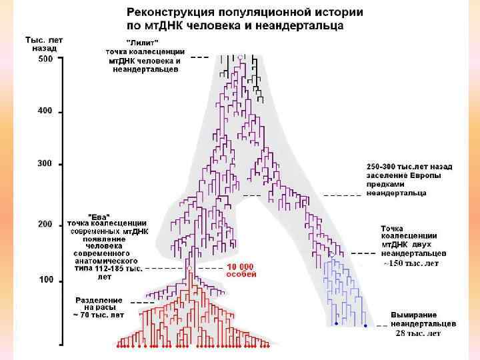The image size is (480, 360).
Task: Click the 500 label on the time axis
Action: [45, 59]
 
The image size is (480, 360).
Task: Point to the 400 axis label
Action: [45, 111]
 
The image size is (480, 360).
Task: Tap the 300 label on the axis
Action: [45, 163]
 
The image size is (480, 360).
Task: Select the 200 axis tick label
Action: [45, 225]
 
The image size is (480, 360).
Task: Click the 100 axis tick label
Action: [45, 280]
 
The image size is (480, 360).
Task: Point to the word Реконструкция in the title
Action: [171, 12]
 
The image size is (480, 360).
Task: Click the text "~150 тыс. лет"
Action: [411, 263]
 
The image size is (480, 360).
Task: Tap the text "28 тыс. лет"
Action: [419, 333]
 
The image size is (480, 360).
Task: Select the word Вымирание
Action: [415, 314]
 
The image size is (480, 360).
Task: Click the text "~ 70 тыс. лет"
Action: [99, 315]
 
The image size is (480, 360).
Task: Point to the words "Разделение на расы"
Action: [99, 304]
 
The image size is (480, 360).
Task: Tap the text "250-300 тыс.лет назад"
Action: [409, 166]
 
